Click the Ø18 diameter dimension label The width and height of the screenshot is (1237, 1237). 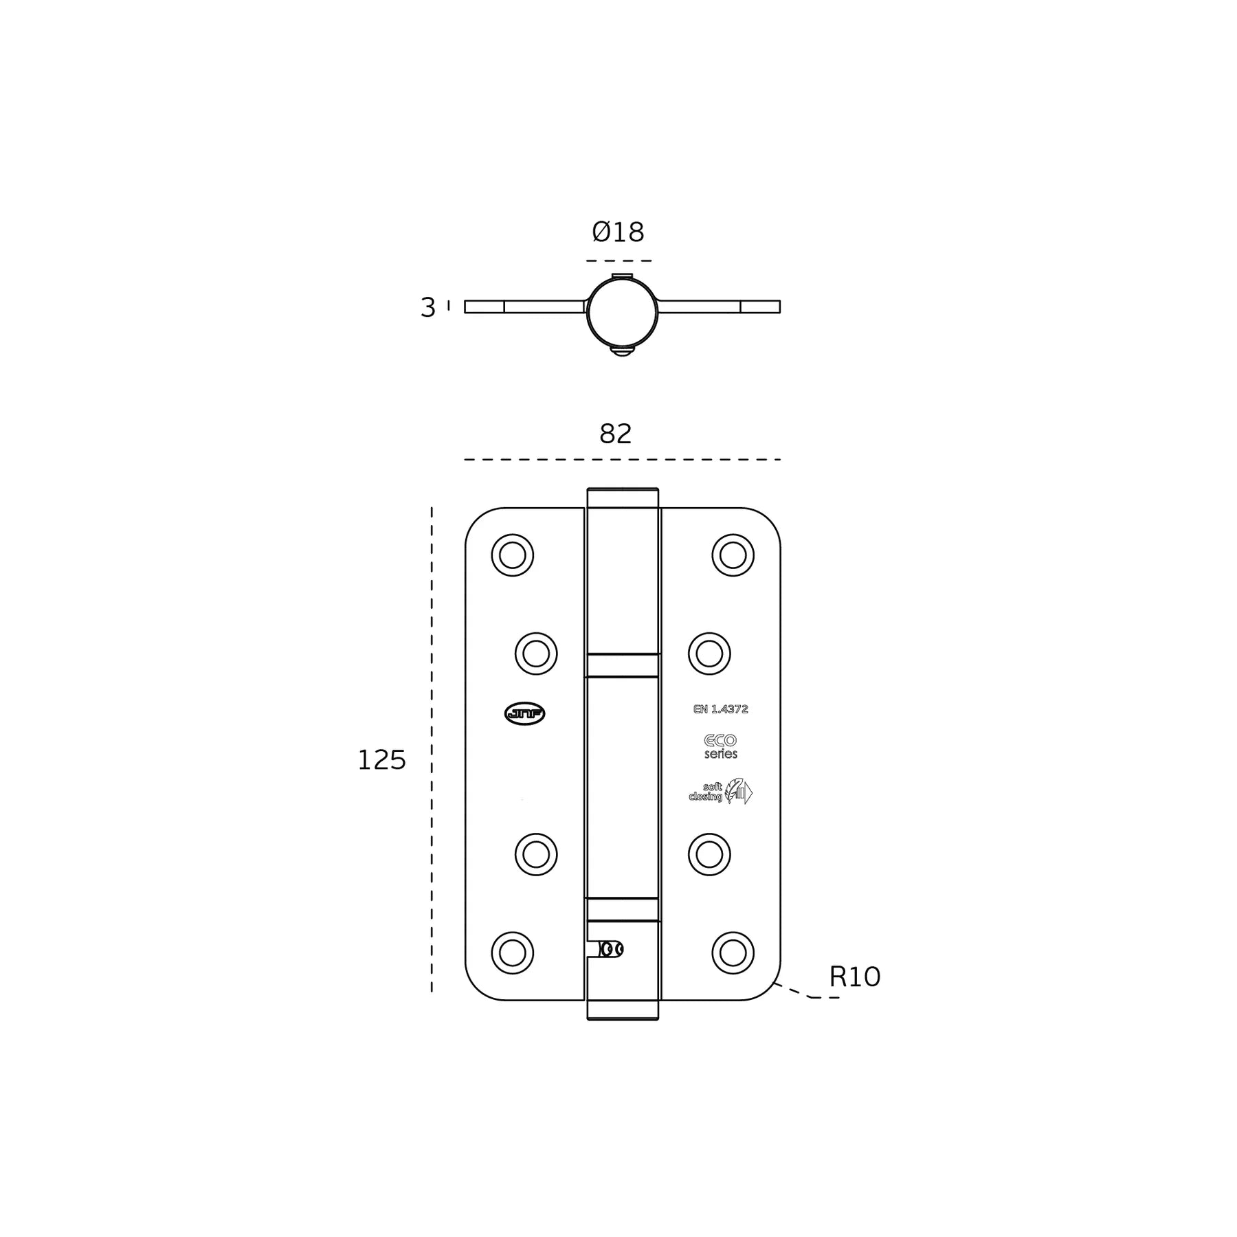coord(618,232)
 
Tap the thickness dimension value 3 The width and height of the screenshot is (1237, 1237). coord(427,307)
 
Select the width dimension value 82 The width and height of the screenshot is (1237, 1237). coord(615,434)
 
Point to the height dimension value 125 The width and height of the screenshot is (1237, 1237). coord(381,760)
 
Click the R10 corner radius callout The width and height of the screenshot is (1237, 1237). coord(854,977)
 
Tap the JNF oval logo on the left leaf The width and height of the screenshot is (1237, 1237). coord(524,714)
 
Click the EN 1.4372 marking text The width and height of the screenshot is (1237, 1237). coord(720,709)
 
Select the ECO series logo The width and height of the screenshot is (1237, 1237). coord(720,746)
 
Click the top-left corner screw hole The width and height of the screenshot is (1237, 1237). coord(513,555)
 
